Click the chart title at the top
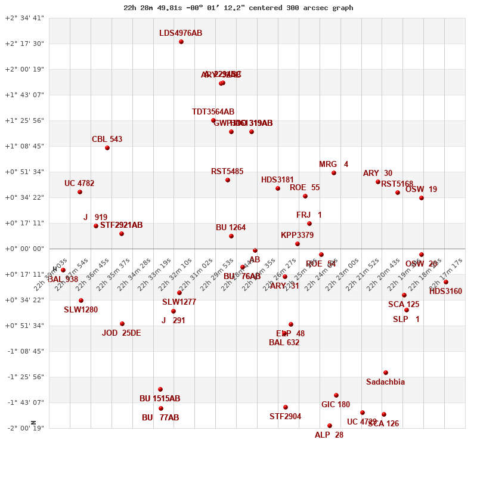[238, 8]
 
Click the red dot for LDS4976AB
[181, 42]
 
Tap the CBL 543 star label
[107, 140]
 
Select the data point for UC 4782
[80, 192]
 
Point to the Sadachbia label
[385, 382]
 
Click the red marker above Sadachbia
[386, 373]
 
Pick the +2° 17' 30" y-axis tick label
[24, 44]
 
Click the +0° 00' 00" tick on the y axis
[24, 249]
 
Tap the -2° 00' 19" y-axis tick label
[24, 428]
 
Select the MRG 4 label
[333, 165]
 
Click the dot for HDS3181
[278, 188]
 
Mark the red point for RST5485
[228, 180]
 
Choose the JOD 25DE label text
[121, 333]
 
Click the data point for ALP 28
[330, 426]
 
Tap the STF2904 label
[285, 417]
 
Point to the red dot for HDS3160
[446, 282]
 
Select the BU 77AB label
[160, 418]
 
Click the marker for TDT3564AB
[213, 120]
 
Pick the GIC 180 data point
[336, 395]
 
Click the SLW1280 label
[80, 310]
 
